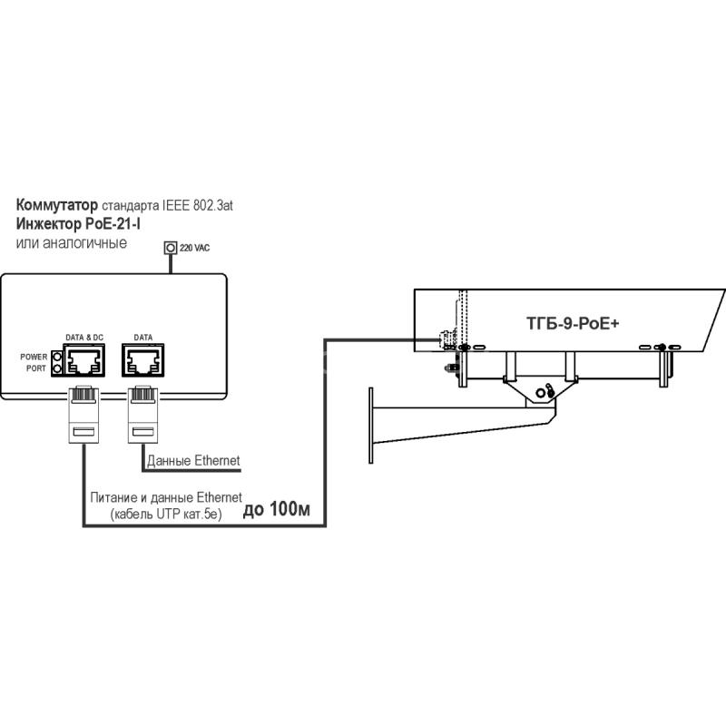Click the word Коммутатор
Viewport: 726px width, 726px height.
pos(57,205)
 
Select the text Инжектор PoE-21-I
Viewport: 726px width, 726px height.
pos(78,223)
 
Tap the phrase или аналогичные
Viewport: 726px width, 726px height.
pos(72,242)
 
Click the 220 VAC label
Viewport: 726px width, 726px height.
pos(194,248)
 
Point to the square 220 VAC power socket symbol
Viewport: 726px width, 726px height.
pos(171,248)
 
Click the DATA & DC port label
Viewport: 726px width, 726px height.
pos(84,338)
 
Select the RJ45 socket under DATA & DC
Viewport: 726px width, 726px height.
pos(84,360)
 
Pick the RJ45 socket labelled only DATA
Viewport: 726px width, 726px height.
pos(143,360)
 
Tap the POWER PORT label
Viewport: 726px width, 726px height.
pos(34,362)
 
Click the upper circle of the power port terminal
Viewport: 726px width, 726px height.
pos(57,357)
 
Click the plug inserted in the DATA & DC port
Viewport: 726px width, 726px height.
pos(83,415)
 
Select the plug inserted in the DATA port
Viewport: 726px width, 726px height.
pos(142,415)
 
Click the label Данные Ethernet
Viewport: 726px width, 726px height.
pos(193,461)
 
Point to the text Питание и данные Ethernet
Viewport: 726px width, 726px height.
pos(166,497)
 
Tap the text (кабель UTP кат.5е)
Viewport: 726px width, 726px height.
pos(166,514)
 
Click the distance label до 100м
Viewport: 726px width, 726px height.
pos(277,509)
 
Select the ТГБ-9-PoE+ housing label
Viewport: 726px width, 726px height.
pos(573,323)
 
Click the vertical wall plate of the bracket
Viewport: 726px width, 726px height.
pos(371,426)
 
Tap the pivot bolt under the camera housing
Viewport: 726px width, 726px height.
pos(540,393)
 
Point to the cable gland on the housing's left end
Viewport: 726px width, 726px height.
pos(446,339)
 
